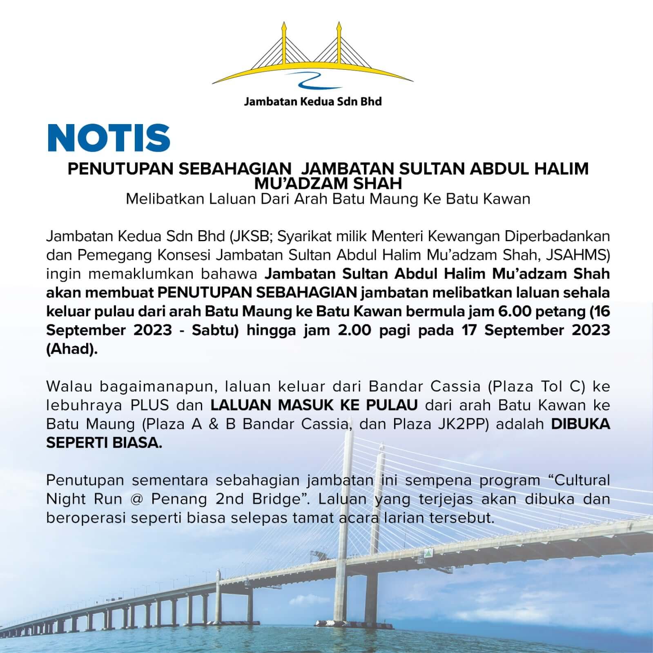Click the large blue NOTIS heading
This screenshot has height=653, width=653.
pyautogui.click(x=109, y=138)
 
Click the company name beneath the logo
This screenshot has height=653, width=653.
pyautogui.click(x=312, y=101)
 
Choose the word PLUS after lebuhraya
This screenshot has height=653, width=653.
pyautogui.click(x=149, y=405)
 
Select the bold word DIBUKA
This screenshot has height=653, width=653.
pyautogui.click(x=580, y=424)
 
